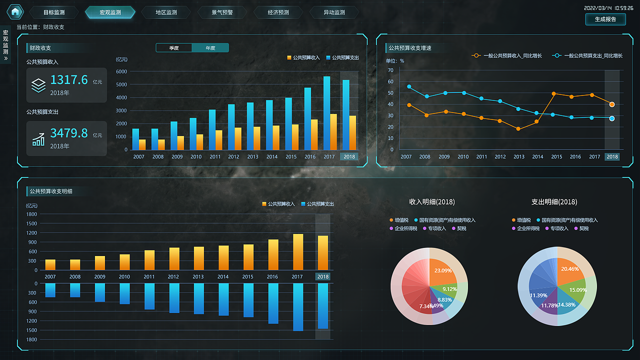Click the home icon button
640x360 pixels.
15,11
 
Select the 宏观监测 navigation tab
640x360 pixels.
110,12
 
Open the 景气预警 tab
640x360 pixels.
222,12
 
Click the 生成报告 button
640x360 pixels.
605,19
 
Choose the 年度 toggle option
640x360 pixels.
210,48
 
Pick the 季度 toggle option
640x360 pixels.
174,48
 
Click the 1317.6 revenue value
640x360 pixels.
69,80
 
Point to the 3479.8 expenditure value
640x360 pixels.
69,133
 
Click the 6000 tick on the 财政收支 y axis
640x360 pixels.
121,71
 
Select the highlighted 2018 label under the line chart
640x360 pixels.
612,156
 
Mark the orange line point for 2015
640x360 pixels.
553,93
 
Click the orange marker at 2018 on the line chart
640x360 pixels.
612,104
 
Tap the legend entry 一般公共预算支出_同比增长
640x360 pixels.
593,56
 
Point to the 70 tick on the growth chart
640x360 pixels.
390,70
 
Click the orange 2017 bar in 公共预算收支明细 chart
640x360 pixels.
298,251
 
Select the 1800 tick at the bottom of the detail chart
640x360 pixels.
31,339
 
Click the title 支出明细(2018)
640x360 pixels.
554,202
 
